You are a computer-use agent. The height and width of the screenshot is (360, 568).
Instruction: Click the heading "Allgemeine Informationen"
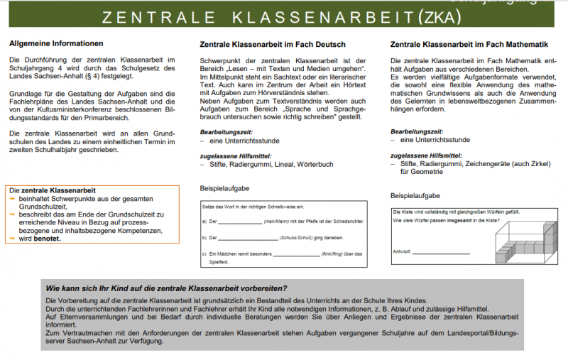(56, 43)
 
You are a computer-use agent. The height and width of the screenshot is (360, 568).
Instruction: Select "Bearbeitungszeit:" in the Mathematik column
(417, 131)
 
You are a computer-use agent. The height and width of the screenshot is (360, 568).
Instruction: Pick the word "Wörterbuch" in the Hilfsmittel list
(315, 164)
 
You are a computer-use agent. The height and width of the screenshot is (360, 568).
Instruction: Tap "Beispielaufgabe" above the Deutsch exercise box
(225, 190)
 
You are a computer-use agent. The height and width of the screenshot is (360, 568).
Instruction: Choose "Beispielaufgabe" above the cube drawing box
(415, 195)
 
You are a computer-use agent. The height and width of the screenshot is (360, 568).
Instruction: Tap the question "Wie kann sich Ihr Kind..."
(166, 289)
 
